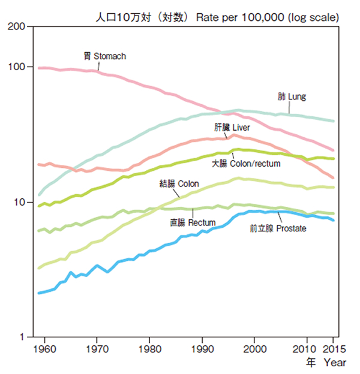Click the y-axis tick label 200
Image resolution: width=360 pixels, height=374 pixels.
(17, 27)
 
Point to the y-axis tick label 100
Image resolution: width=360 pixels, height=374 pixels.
(17, 67)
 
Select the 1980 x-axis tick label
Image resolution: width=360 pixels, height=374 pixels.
(149, 348)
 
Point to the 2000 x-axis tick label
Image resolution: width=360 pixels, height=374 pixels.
(255, 348)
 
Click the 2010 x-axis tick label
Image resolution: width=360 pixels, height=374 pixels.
(307, 348)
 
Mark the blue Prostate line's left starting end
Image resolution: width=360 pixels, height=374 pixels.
(38, 293)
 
